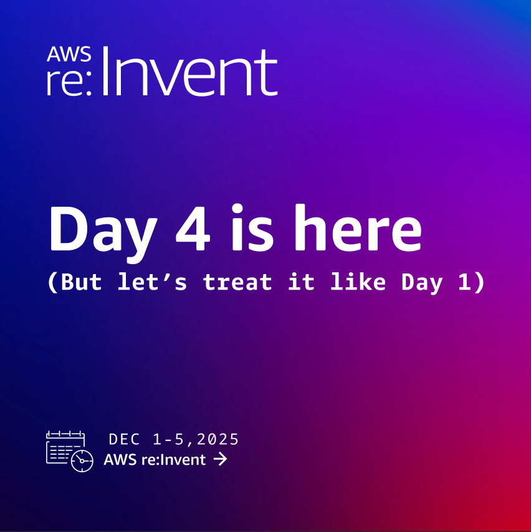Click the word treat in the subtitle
click(237, 283)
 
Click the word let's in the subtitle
click(152, 282)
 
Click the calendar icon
click(66, 449)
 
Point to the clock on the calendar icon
click(82, 461)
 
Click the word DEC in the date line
click(125, 439)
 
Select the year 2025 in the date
click(218, 439)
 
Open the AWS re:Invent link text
click(155, 460)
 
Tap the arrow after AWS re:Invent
click(219, 460)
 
